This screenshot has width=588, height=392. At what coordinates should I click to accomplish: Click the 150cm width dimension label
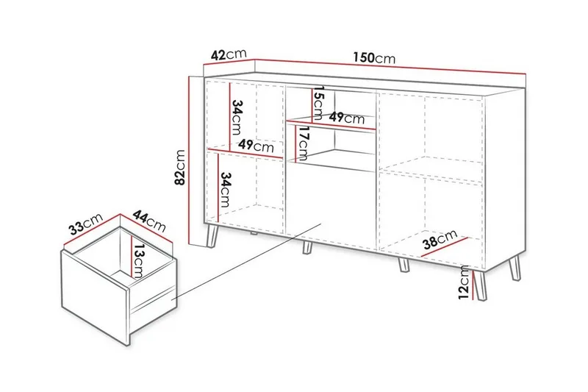[x=374, y=57]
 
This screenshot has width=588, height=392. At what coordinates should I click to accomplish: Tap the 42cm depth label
[x=229, y=54]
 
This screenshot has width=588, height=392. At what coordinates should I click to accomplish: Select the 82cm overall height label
[x=180, y=167]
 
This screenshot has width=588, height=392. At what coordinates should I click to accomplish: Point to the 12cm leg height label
[x=465, y=282]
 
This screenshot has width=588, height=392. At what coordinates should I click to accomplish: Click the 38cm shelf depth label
[x=440, y=239]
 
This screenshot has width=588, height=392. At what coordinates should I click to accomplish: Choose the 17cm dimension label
[x=302, y=143]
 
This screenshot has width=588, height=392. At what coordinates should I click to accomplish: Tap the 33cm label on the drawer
[x=85, y=224]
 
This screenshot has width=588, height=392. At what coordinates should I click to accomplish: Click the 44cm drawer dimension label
[x=149, y=221]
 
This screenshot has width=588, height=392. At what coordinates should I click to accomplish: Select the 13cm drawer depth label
[x=138, y=260]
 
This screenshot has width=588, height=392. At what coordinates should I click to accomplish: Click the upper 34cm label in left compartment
[x=237, y=117]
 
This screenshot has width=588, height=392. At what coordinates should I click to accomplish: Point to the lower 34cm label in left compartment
[x=225, y=190]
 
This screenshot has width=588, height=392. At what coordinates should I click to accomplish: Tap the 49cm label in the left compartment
[x=256, y=145]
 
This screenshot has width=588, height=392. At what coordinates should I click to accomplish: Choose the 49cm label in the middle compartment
[x=346, y=118]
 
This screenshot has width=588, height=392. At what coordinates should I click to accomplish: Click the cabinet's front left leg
[x=212, y=236]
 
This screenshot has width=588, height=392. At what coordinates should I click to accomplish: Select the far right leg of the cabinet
[x=515, y=268]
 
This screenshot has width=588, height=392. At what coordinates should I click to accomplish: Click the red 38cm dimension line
[x=445, y=247]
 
